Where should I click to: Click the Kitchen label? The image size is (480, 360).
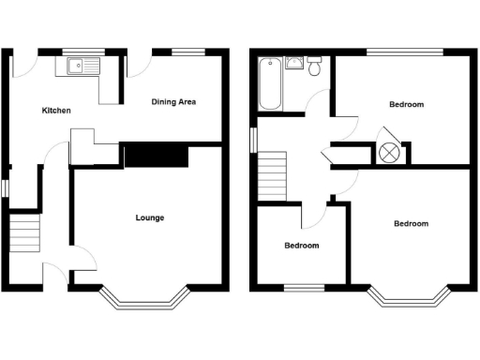click(x=56, y=111)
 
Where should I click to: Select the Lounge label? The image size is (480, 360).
click(x=150, y=217)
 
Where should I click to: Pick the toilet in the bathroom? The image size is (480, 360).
click(x=315, y=67)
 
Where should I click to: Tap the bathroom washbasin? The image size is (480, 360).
click(x=294, y=64)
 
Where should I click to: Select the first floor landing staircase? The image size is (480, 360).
click(x=272, y=175)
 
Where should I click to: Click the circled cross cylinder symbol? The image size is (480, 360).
click(x=388, y=152)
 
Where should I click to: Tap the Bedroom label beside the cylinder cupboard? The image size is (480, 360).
click(x=405, y=104)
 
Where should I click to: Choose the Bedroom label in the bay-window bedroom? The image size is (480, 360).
click(x=411, y=223)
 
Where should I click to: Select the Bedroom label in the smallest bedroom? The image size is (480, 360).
click(x=302, y=246)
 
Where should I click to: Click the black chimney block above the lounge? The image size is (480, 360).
click(x=157, y=155)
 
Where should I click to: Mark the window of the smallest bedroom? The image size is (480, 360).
click(x=302, y=286)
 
